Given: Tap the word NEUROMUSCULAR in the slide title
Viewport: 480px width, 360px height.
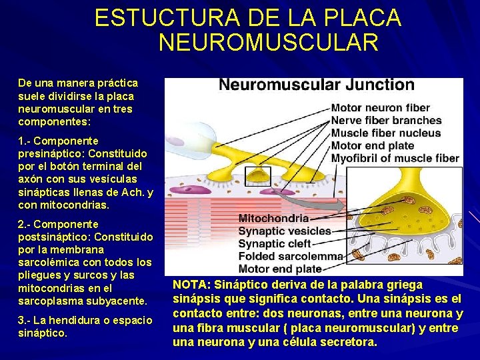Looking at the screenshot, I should [269, 43].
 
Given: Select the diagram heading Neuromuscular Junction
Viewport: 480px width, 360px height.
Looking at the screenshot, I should [317, 85].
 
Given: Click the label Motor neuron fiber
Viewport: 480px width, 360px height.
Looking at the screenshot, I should [381, 108].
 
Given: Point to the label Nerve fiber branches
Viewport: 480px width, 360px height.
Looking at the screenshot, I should [387, 121].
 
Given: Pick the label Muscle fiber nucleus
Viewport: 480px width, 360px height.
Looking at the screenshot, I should [386, 133].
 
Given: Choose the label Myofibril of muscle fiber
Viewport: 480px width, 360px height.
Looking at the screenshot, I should [395, 159].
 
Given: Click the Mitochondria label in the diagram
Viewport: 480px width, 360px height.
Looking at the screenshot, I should [273, 219].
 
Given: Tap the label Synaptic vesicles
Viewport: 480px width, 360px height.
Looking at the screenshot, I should [285, 231].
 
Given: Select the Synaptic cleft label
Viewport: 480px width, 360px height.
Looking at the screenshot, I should [275, 244].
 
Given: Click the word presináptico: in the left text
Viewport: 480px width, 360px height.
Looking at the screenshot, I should [50, 154].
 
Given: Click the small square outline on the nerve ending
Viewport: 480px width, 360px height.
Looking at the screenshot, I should [258, 175].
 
